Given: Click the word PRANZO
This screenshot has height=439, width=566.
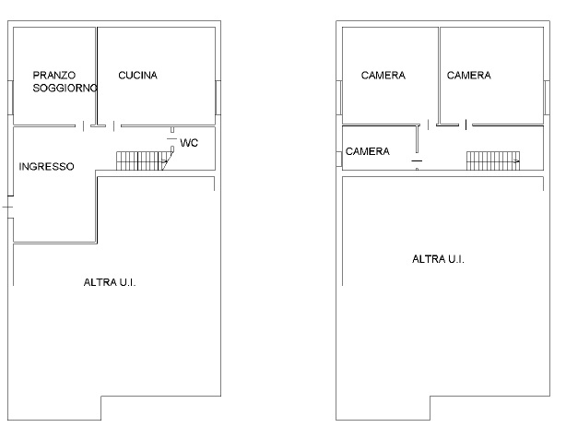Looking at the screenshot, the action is pos(54,75).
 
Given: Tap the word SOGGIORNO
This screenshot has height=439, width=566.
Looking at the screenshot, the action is pos(65,88).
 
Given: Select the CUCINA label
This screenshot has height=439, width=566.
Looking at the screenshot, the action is pos(138,75).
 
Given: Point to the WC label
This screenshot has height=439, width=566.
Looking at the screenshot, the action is pos(189,143).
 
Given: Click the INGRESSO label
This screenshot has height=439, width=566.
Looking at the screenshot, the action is pos(47,166).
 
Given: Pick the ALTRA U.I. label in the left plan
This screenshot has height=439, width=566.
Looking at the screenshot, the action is pos(110,282).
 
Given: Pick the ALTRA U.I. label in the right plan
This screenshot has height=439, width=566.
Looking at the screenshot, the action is pos(438,259).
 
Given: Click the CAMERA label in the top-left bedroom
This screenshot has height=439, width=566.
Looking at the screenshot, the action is pos(383,75).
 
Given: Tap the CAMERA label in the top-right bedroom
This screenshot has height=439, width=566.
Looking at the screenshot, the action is pos(469,75).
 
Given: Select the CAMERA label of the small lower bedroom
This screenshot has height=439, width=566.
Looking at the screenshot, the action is pos(368,151).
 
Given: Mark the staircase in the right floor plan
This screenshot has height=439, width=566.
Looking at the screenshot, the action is pos(493,160).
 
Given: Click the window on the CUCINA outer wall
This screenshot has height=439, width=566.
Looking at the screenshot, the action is pos(218,98).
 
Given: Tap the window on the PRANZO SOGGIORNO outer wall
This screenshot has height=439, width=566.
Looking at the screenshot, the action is pos(10,98).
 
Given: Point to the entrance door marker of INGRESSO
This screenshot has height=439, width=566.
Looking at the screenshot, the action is pos(8,207).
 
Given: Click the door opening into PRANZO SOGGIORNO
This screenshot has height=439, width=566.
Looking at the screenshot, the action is pos(83,126).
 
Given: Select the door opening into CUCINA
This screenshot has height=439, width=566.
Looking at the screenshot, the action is pos(113,126).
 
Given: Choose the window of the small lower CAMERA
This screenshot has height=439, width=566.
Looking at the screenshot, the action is pos(339,159).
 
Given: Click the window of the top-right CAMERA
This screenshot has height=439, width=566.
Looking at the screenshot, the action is pos(547,98).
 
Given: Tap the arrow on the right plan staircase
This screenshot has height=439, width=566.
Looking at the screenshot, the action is pos(517,161).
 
